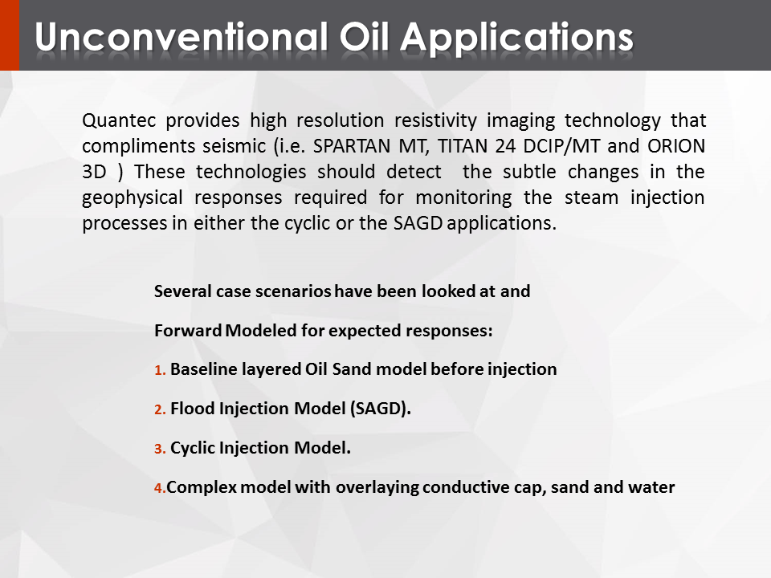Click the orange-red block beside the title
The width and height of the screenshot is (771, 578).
[10, 35]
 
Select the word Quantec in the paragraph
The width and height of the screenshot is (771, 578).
[119, 120]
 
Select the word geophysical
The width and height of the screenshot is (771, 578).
[133, 198]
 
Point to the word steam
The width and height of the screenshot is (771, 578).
[591, 197]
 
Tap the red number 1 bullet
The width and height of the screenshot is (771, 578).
[160, 370]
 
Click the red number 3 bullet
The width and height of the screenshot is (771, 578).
[160, 449]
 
